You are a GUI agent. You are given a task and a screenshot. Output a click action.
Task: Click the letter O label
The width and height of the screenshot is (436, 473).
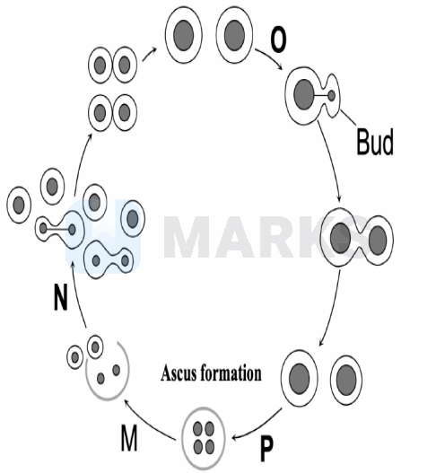coord(278,40)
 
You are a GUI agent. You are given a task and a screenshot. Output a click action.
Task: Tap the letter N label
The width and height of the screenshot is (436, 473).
coord(61,297)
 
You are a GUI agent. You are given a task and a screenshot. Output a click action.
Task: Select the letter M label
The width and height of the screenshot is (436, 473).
coord(129,437)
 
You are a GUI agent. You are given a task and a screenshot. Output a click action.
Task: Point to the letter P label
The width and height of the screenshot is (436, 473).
coord(266,449)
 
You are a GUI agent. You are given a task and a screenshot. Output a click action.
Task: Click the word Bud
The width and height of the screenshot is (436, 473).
coord(375,142)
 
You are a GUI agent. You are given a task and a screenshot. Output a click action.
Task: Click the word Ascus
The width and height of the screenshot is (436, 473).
coord(178,373)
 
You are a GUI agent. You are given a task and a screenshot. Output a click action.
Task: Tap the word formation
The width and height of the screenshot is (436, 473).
coord(231,373)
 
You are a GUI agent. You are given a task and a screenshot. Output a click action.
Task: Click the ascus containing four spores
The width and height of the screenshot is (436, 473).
coord(204,437)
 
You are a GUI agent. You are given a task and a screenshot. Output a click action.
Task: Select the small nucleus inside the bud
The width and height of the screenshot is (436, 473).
coord(331,96)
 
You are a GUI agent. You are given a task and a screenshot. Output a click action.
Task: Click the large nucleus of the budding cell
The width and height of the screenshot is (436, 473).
coord(303,94)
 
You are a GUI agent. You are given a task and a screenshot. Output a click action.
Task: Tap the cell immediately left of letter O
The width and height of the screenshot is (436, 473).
coord(234,35)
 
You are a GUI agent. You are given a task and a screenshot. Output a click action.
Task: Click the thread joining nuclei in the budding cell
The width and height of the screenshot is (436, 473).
coord(321,96)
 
